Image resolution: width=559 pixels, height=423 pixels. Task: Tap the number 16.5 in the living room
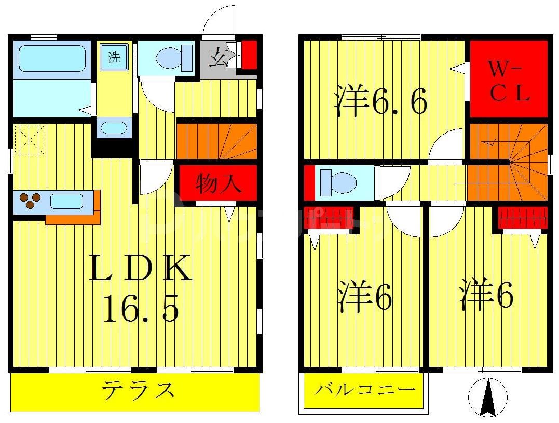click(x=141, y=310)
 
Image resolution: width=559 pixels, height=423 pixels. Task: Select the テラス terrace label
click(x=137, y=390)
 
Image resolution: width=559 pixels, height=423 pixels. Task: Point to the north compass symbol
click(x=487, y=398)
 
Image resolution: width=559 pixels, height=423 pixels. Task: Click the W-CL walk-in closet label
click(x=509, y=81)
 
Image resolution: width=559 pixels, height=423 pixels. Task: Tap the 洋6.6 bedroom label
click(x=381, y=101)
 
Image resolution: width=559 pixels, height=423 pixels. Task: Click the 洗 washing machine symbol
click(x=114, y=57)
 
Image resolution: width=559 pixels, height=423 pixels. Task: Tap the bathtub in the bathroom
click(x=52, y=58)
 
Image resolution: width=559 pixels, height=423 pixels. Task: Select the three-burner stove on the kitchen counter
click(x=30, y=201)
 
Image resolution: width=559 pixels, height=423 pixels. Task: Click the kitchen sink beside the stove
click(x=66, y=201)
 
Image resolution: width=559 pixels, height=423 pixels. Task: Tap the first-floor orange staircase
click(x=217, y=140)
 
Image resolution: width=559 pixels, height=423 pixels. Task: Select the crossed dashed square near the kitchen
click(x=29, y=139)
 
